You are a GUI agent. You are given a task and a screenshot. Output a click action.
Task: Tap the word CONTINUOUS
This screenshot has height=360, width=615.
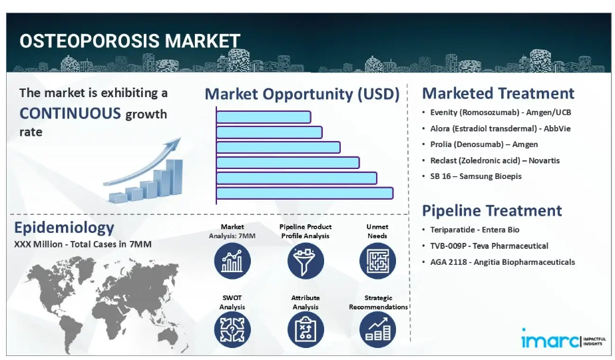coord(70,113)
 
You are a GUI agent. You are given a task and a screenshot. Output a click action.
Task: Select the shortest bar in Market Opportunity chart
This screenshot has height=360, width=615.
coord(264,117)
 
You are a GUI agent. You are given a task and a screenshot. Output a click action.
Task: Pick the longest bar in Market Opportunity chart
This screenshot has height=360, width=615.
coord(305,193)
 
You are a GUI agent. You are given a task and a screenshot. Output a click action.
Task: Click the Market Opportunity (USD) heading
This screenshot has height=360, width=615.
coord(302,94)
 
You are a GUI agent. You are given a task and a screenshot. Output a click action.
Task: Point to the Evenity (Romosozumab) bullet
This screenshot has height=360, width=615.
coord(501,112)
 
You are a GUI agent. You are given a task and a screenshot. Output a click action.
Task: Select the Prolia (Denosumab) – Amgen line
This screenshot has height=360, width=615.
coord(484,144)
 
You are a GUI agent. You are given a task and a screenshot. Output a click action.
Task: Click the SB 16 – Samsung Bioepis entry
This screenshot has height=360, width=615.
coord(476,176)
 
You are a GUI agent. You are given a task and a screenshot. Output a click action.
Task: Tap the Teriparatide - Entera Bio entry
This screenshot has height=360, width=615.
coord(475,230)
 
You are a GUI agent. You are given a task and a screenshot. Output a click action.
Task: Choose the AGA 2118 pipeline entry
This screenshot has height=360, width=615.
coord(503,262)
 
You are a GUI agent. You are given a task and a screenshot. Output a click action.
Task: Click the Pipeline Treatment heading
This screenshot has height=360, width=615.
coord(492,210)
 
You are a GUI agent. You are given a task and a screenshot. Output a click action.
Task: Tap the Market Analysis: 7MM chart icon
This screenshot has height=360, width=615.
coord(232,261)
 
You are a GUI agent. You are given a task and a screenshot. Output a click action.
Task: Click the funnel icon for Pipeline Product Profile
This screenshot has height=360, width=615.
coord(306,261)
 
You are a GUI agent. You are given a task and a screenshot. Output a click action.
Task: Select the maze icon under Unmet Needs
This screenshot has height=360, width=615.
coord(377,261)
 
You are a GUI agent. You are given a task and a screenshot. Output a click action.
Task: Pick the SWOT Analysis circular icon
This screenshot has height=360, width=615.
coord(232,329)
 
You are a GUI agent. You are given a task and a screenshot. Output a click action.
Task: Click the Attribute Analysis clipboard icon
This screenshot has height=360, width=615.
coord(306,329)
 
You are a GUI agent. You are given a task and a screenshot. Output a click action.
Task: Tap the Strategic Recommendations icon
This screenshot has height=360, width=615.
coord(377,329)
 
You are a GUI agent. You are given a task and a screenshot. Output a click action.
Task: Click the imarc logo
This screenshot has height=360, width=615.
coord(563,339)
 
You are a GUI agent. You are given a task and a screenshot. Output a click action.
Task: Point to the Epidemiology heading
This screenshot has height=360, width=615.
coord(65,228)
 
